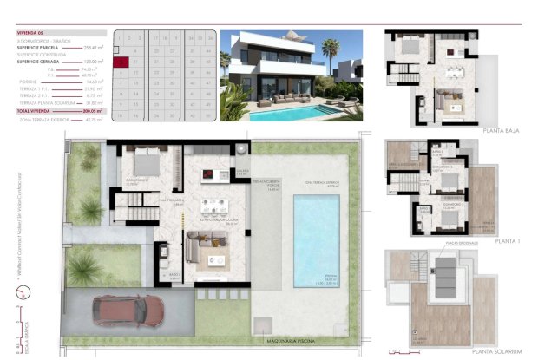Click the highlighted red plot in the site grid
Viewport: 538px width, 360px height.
click(x=124, y=61)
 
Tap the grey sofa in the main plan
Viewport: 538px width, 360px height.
click(x=208, y=251)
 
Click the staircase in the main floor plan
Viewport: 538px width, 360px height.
click(x=137, y=212)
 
